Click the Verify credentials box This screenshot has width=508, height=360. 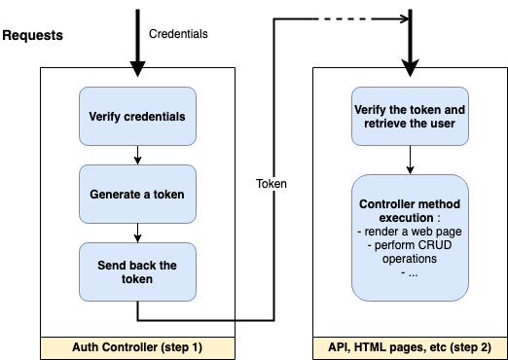coord(137,116)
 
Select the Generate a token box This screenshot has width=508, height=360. coord(137,194)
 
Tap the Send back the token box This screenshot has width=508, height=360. coord(137,271)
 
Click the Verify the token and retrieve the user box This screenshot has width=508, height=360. coord(410,116)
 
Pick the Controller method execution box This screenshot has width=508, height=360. coord(410,237)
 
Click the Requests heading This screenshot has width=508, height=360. coord(33,35)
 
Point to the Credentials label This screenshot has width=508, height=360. coord(178,34)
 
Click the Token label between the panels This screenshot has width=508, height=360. coord(271,183)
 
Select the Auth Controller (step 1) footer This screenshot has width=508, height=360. coord(137,346)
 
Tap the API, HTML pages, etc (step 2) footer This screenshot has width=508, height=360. coord(410,346)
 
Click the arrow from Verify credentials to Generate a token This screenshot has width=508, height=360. coord(137,155)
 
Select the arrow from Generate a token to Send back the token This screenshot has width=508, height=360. coord(137,233)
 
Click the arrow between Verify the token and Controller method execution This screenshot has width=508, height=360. coord(410,160)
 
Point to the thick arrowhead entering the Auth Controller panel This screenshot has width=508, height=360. coord(137,67)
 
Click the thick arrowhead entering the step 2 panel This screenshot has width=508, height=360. coord(410,67)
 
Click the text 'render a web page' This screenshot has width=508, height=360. coord(410,232)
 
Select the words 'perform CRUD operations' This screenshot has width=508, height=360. coord(410,253)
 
